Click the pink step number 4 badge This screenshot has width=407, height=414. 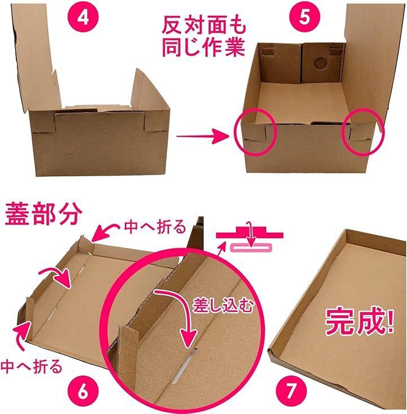[x=83, y=17]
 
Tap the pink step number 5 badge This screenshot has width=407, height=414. [x=305, y=17]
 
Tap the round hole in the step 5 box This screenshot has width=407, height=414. [x=321, y=64]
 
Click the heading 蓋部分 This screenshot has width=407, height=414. [x=44, y=214]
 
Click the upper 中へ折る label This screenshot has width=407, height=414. [x=155, y=227]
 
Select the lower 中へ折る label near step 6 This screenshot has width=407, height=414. [x=31, y=366]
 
